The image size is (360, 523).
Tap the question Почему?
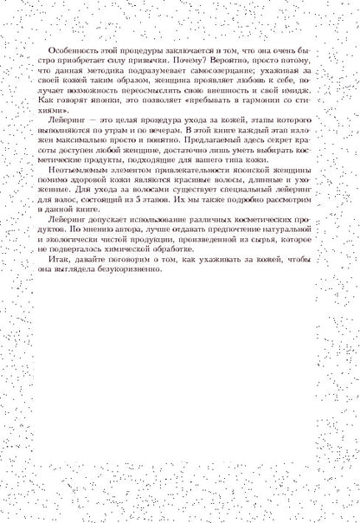pos(226,64)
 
